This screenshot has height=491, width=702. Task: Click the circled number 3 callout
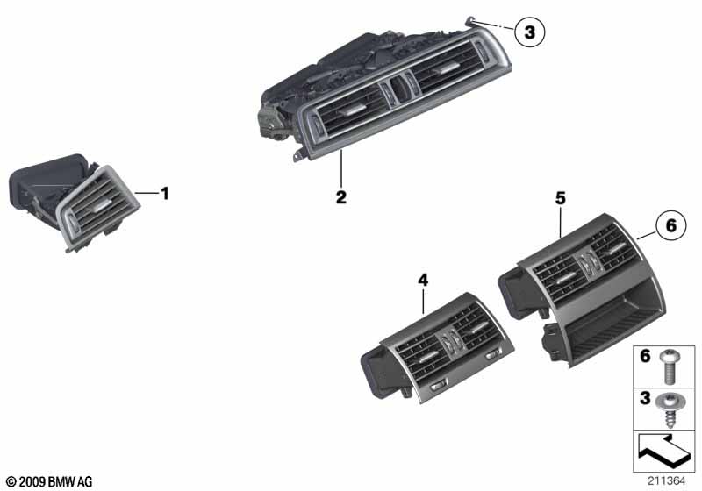coord(530,32)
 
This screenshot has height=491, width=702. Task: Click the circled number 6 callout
coord(670,225)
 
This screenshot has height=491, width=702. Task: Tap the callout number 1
coord(165,194)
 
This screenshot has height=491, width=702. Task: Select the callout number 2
coord(341,196)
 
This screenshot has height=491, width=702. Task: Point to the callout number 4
coord(423,281)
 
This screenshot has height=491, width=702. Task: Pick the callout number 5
coord(561,198)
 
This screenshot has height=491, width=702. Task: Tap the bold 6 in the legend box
coord(645,357)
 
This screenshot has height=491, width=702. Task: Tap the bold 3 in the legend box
coord(645,397)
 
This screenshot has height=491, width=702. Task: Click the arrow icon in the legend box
coord(664,452)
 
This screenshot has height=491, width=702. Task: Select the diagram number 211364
coord(666,481)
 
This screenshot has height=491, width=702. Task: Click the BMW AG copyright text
coord(50,481)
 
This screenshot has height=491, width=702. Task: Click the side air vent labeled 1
coord(74,203)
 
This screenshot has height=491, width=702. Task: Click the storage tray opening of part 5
coord(614,330)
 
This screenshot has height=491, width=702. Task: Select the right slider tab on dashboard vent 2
coord(445,68)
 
